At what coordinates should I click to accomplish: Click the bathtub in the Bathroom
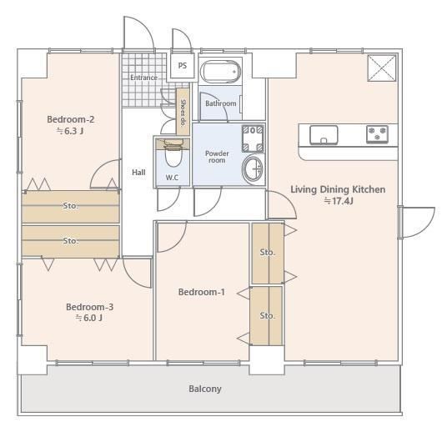(x=220, y=72)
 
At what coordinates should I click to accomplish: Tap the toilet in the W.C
(x=173, y=153)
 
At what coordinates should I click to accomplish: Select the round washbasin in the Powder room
(x=254, y=169)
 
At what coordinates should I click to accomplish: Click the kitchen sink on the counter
(x=324, y=135)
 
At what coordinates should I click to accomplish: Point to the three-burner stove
(x=377, y=133)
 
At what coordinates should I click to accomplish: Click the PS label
(x=183, y=65)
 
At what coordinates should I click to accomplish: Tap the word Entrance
(x=143, y=78)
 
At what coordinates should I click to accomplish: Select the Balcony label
(x=205, y=389)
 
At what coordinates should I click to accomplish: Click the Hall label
(x=138, y=172)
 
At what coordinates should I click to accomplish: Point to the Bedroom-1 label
(x=202, y=292)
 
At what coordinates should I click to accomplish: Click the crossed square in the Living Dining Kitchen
(x=382, y=68)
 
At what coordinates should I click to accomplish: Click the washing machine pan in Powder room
(x=253, y=138)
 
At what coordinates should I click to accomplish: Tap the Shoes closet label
(x=183, y=113)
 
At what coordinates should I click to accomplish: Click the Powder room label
(x=217, y=157)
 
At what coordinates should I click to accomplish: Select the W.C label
(x=172, y=178)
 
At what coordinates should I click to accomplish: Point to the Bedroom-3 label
(x=89, y=307)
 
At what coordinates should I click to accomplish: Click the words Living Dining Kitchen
(x=338, y=189)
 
